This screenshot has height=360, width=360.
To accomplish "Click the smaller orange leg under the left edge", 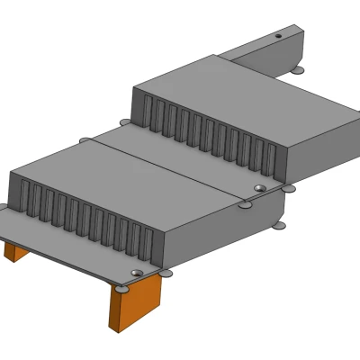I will pyautogui.click(x=15, y=249).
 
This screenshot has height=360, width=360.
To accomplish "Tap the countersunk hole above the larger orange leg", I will pyautogui.click(x=136, y=273).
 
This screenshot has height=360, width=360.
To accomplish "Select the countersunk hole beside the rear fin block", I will pyautogui.click(x=259, y=188).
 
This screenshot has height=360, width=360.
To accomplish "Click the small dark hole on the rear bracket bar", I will pyautogui.click(x=278, y=36).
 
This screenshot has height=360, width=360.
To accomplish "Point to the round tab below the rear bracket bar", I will pyautogui.click(x=298, y=69).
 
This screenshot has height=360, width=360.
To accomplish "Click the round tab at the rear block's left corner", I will pyautogui.click(x=124, y=122).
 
